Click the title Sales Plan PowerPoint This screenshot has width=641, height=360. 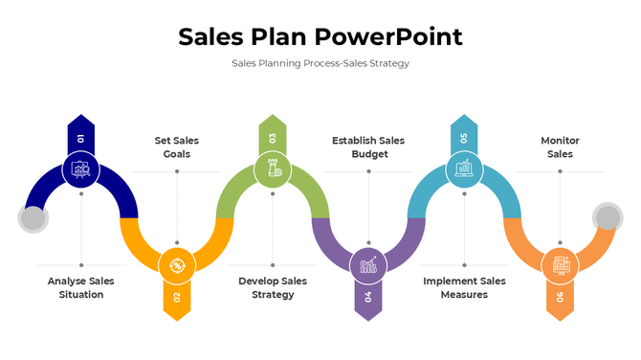coord(320,37)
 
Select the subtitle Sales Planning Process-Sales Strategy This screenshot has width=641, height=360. coord(320,63)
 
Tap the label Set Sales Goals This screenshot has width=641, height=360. coord(177,146)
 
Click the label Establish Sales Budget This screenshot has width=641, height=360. coord(368,146)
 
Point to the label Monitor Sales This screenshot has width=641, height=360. coord(560,146)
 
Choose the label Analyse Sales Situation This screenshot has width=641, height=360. coord(81,287)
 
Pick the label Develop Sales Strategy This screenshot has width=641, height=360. coord(273,287)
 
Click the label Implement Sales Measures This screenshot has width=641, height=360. coord(464,287)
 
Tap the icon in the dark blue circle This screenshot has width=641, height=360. coord(81,170)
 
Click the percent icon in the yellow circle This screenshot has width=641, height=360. coord(177,265)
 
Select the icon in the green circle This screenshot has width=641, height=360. coord(273,170)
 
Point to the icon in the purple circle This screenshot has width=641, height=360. coord(368,265)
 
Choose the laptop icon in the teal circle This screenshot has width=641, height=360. coord(464,170)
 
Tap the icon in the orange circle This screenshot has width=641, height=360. coord(560,265)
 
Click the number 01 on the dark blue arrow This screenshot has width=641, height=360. coord(81,138)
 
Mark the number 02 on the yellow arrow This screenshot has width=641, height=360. coord(177,297)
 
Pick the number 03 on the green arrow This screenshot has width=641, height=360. coord(273,138)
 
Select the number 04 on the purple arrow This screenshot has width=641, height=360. coord(368,297)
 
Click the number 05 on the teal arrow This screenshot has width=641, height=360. coord(464,138)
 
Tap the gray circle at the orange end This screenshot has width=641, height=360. coord(608,217)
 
